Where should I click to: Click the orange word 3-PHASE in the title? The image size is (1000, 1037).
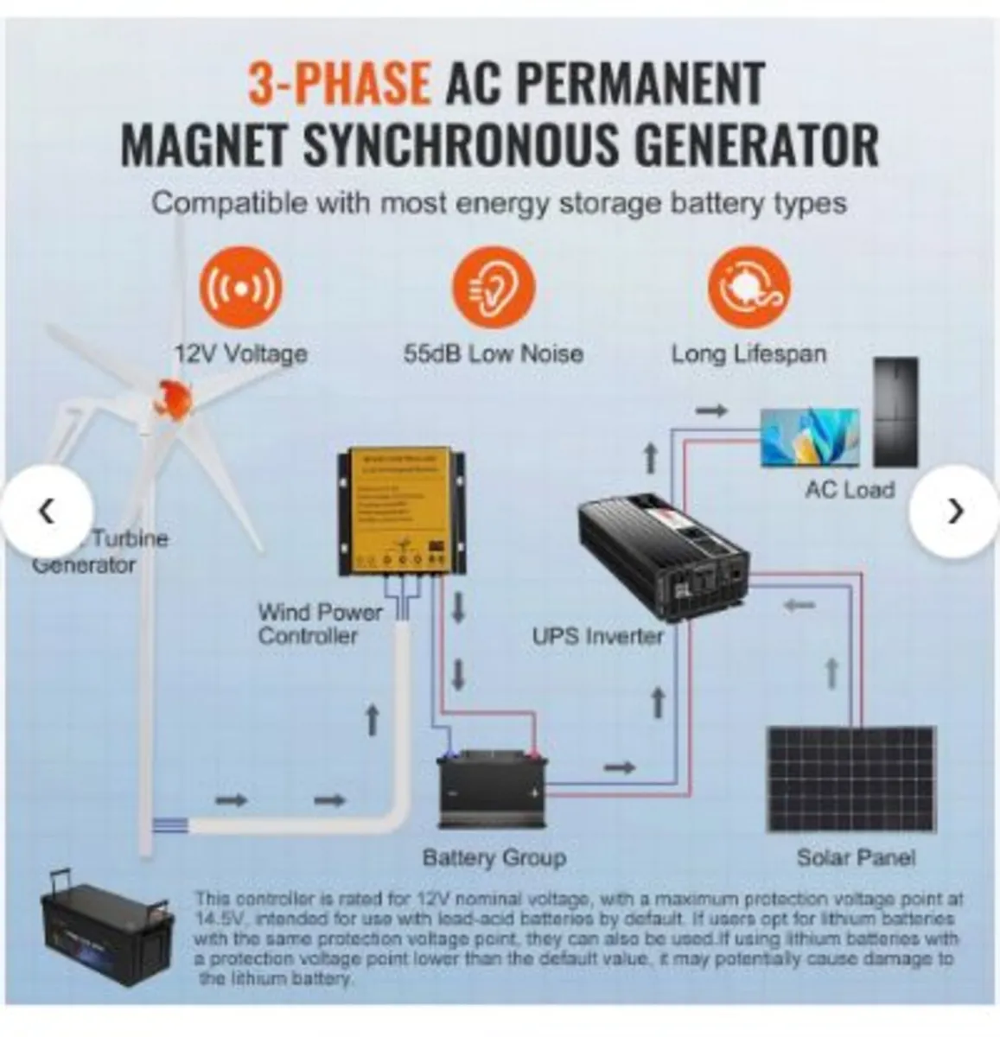coord(338,83)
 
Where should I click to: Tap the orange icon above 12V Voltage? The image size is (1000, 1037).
coord(241,287)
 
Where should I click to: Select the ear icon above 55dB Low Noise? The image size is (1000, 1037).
coord(494,287)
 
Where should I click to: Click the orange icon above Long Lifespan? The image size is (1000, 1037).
coord(748,287)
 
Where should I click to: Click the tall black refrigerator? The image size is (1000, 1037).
coord(895,412)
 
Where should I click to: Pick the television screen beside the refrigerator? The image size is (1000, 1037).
coord(809,437)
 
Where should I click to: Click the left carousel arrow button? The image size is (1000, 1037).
coord(48,512)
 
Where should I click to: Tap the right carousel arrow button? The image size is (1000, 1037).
coord(954,512)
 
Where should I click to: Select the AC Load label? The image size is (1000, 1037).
coord(850,490)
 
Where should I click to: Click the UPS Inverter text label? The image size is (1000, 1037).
coord(597,637)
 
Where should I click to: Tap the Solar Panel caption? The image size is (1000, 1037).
coord(855,857)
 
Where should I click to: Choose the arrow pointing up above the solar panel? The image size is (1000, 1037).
coord(832,673)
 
